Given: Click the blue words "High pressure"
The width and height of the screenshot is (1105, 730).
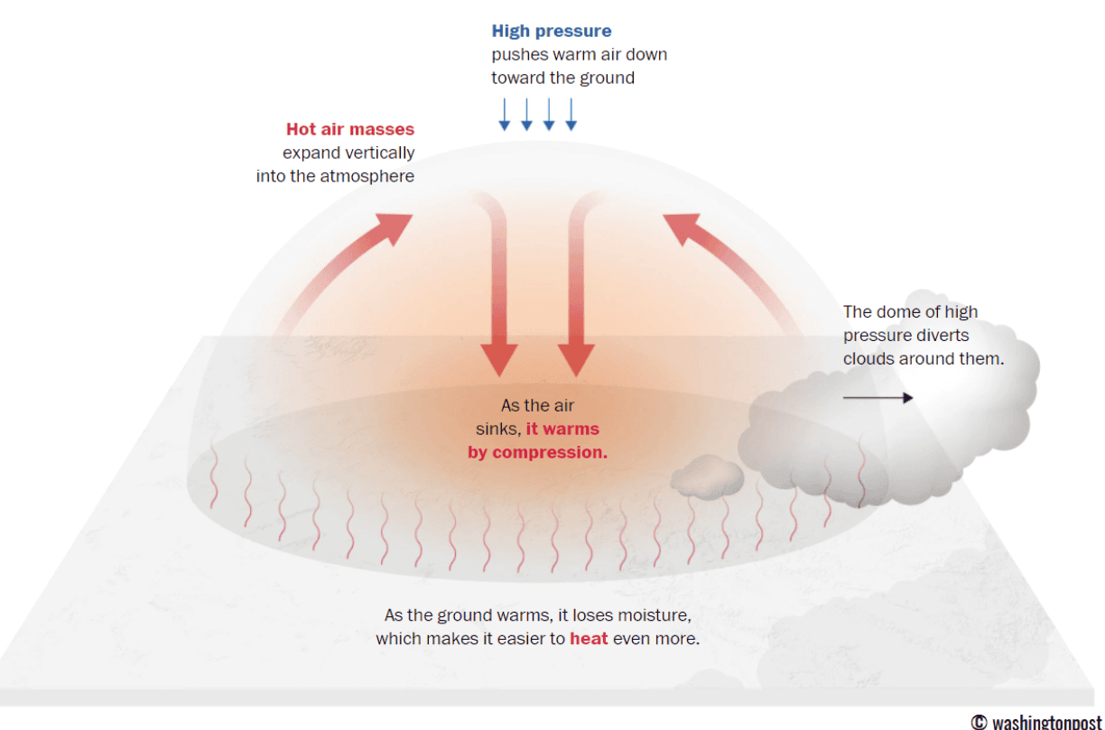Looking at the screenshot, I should (x=551, y=32).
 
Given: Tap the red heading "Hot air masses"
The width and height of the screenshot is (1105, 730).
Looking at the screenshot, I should (x=350, y=129).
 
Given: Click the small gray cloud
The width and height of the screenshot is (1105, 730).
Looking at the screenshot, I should (x=704, y=478).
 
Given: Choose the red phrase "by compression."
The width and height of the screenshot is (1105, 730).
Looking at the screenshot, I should (x=537, y=453).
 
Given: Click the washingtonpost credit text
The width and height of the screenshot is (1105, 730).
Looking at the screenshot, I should (x=1035, y=722).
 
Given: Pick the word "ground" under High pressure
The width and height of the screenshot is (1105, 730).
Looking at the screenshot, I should (x=607, y=79).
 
